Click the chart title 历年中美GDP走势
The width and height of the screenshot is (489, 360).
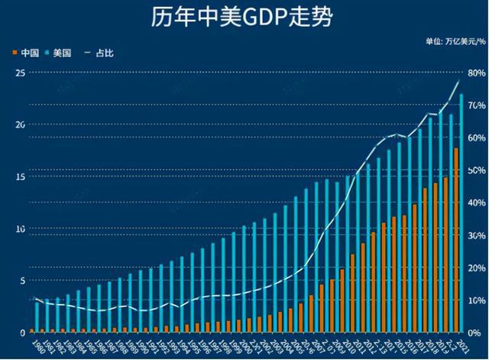click(244, 17)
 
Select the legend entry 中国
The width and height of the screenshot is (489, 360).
click(29, 53)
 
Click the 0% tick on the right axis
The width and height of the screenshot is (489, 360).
click(475, 333)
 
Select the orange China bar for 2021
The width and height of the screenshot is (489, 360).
click(456, 240)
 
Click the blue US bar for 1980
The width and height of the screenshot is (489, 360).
click(37, 317)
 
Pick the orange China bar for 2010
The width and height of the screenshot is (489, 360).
click(352, 294)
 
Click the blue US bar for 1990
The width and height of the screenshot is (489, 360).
click(141, 301)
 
